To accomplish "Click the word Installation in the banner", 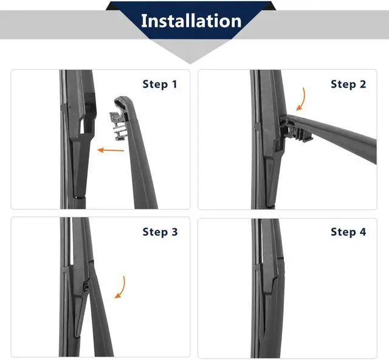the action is coord(191,21).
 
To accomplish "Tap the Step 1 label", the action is coord(160,84).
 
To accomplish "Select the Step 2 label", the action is coord(348,84).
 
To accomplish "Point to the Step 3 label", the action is coord(160,232).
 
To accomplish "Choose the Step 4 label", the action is coord(348,232).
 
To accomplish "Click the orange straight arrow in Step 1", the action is coord(111,150).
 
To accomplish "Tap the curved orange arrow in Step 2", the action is coord(302,99).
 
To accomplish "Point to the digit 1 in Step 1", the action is coord(174,84).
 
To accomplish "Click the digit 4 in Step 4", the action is coord(363,232).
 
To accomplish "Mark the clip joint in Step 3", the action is coord(86,287).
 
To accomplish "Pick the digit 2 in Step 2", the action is coord(363,84).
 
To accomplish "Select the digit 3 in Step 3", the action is coord(174,232).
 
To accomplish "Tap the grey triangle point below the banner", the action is coord(190,62).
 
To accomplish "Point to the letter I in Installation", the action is coord(143,21).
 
